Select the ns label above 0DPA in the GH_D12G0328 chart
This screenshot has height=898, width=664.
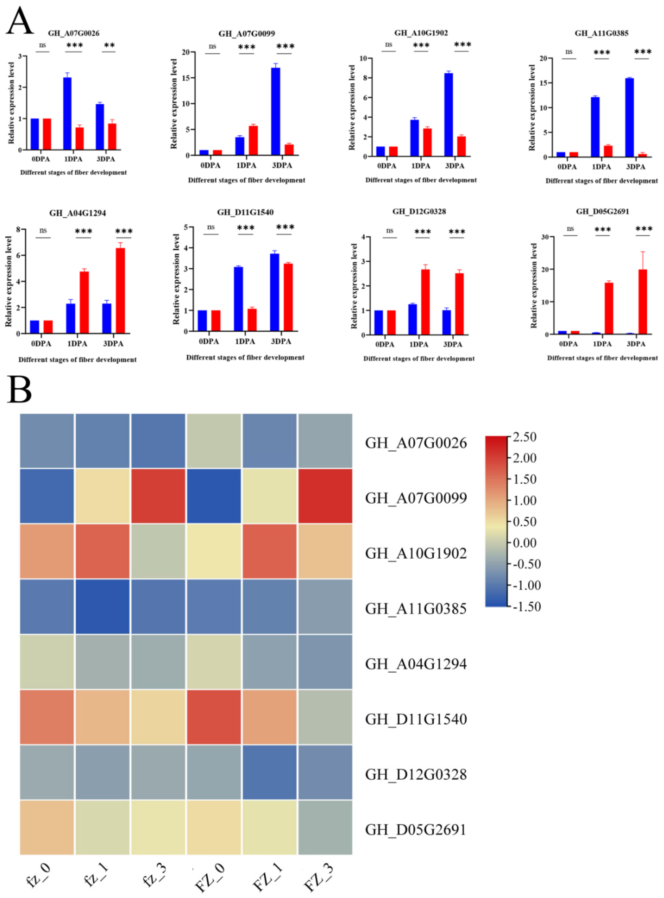pos(390,230)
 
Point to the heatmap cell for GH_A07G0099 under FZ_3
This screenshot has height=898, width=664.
pos(325,496)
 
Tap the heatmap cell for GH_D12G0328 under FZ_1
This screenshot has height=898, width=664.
pos(269,772)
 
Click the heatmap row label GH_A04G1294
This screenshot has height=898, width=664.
pos(416,664)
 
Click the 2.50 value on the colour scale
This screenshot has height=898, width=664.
pos(524,437)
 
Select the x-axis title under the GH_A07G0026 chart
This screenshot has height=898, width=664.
pos(74,173)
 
